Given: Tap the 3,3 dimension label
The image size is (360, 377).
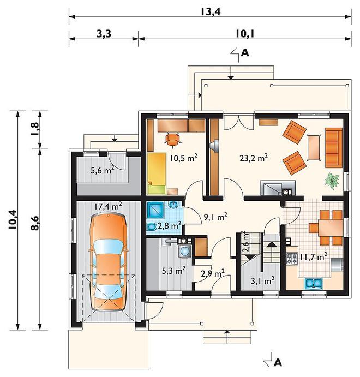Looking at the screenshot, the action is click(x=104, y=34).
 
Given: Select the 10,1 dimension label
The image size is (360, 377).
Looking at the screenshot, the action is click(x=245, y=34).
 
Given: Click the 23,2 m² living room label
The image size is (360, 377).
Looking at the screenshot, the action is click(x=254, y=158).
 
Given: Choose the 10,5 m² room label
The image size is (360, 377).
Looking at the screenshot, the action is click(x=184, y=158).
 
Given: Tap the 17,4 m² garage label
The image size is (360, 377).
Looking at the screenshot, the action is click(x=108, y=206).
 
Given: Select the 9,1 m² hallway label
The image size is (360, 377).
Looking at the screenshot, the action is click(x=215, y=217).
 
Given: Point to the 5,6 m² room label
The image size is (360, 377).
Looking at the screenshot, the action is click(x=103, y=170).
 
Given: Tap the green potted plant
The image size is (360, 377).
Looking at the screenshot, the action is click(x=332, y=180).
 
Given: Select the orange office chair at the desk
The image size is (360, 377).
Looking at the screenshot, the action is click(x=172, y=139).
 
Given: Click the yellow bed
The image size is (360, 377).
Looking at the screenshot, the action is click(x=157, y=173).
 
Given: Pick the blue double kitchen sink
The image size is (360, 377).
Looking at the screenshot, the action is click(x=314, y=283).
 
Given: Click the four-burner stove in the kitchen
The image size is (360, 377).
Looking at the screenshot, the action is click(x=292, y=259).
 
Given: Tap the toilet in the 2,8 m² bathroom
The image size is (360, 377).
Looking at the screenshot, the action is click(x=151, y=227).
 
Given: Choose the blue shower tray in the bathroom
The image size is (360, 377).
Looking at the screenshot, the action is click(x=155, y=210).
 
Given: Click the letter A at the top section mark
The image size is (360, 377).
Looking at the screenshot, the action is click(x=245, y=52).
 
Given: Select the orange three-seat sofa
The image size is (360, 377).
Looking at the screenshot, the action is click(x=334, y=148).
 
